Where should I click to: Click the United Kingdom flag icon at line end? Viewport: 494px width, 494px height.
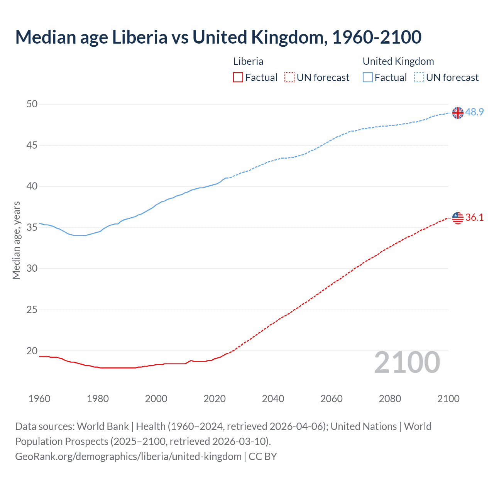[x=458, y=113]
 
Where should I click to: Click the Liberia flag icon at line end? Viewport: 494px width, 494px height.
[x=458, y=218]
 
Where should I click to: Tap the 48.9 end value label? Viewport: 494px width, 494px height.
[x=474, y=112]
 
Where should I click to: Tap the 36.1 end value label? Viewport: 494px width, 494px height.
[x=474, y=218]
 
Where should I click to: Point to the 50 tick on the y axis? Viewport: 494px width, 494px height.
[x=32, y=104]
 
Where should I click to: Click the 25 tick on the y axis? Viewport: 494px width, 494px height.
[x=32, y=310]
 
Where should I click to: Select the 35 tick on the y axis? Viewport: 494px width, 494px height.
[x=32, y=227]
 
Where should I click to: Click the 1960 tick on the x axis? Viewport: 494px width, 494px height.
[x=39, y=399]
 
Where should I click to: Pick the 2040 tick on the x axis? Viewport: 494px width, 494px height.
[x=273, y=399]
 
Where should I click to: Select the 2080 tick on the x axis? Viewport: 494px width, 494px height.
[x=390, y=399]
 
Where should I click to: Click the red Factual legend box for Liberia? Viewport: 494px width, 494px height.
[x=238, y=78]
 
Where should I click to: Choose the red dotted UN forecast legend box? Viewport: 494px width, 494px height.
[x=289, y=78]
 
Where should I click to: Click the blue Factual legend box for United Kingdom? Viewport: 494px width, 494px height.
[x=367, y=78]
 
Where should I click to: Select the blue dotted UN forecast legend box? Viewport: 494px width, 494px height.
[x=419, y=78]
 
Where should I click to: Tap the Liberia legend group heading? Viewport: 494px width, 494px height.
[x=248, y=61]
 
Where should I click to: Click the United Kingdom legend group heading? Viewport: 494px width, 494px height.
[x=398, y=61]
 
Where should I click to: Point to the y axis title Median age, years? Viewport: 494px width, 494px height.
[x=16, y=240]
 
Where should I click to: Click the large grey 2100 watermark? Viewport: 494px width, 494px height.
[x=407, y=362]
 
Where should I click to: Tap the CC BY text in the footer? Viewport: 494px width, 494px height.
[x=263, y=457]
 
